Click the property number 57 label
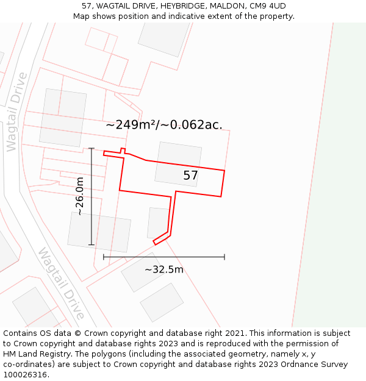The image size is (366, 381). [x=190, y=176]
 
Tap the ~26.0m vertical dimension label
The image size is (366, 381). [x=80, y=196]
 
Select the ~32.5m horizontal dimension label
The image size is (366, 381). [x=163, y=269]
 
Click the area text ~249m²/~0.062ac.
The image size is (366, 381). [x=164, y=125]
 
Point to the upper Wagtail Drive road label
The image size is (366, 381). [x=16, y=112]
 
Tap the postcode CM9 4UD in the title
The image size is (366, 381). [x=268, y=6]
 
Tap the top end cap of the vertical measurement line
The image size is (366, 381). [x=91, y=148]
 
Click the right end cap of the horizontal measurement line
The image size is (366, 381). [x=224, y=257]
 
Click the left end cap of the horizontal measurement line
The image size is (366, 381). [x=104, y=257]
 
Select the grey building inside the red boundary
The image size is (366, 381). [x=178, y=163]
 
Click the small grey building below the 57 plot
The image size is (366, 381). [x=157, y=223]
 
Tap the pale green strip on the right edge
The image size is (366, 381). [x=332, y=183]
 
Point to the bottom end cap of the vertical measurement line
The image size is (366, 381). [x=91, y=244]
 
